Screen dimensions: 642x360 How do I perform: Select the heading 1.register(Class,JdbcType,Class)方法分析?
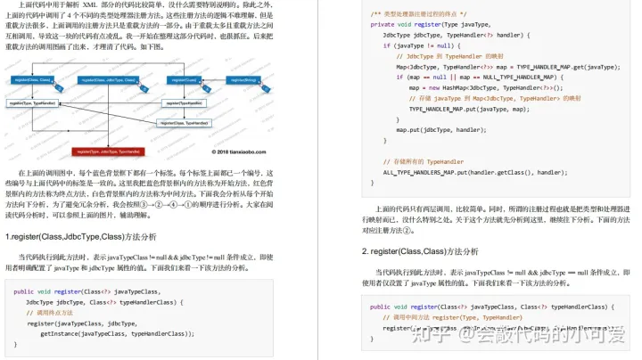pyautogui.click(x=82, y=237)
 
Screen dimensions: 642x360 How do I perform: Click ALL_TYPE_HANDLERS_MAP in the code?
pyautogui.click(x=419, y=172)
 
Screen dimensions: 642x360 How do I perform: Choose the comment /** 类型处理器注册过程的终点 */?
pyautogui.click(x=428, y=14)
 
